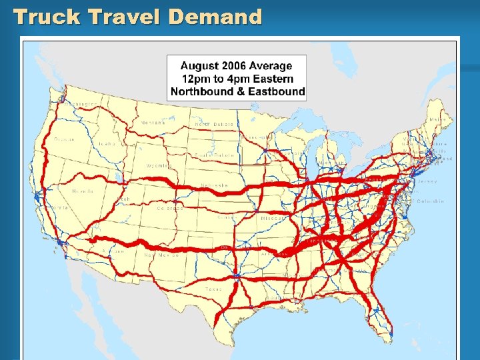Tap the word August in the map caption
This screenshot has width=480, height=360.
201,65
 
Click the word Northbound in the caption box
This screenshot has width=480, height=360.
200,91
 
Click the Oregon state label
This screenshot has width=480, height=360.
65,139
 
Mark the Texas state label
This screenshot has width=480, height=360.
213,289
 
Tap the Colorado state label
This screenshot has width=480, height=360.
170,208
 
